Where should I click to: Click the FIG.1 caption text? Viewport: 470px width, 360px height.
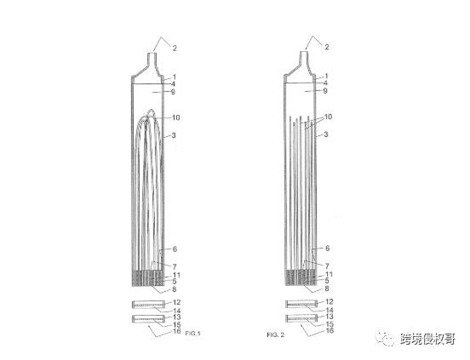(193, 334)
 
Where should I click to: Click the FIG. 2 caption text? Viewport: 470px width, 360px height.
(276, 334)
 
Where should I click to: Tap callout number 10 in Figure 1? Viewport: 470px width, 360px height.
(175, 117)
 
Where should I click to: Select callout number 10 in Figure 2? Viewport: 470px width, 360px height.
(328, 117)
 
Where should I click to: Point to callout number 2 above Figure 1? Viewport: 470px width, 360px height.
(175, 48)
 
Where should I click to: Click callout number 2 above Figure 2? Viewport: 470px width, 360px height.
(327, 47)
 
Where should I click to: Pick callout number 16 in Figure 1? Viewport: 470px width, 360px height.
(177, 331)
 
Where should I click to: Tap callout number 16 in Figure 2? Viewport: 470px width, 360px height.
(330, 330)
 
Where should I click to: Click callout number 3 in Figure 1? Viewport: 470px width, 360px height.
(174, 135)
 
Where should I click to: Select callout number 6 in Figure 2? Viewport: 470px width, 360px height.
(327, 248)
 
